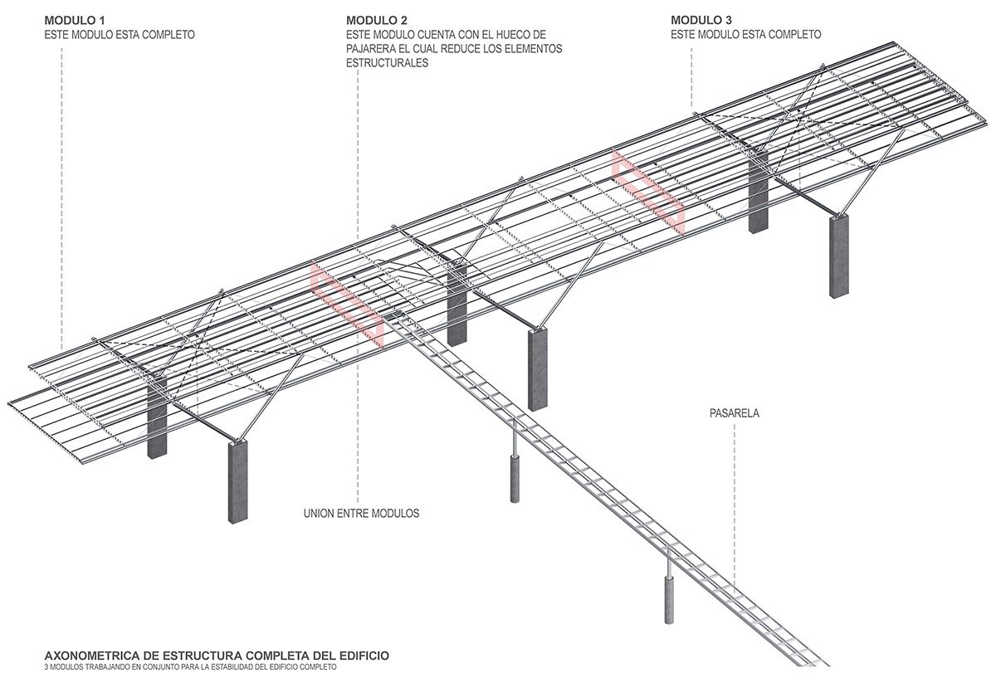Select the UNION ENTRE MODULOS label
coord(361,514)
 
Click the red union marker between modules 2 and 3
coord(649,188)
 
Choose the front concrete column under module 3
coord(839,256)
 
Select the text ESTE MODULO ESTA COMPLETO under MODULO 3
coord(745,35)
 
